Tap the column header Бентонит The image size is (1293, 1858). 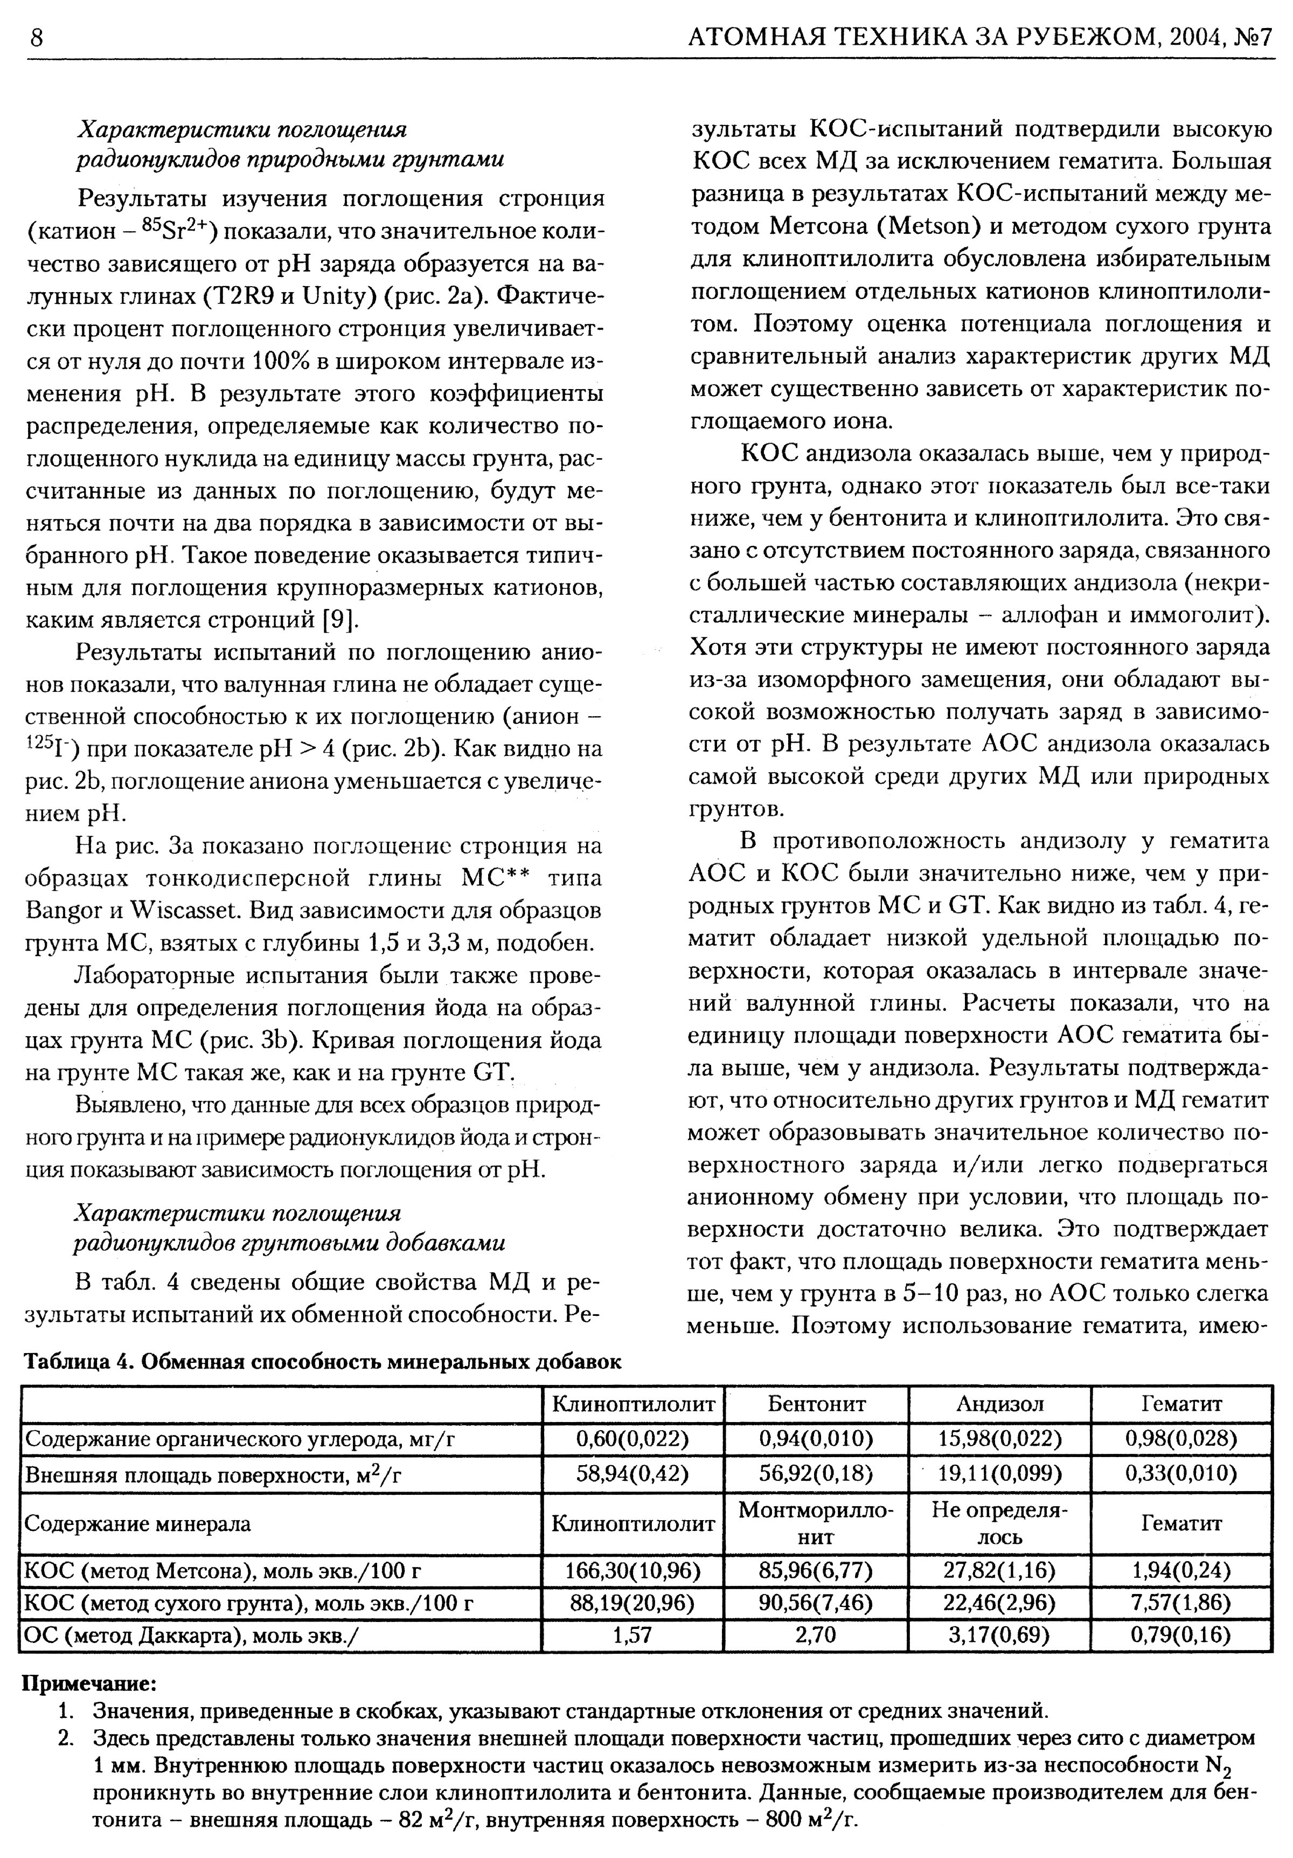[816, 1404]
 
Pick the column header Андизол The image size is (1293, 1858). [999, 1404]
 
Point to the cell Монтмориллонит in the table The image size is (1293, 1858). [816, 1523]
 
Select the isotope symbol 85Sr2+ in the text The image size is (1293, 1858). [176, 230]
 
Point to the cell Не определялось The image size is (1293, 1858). [999, 1523]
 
